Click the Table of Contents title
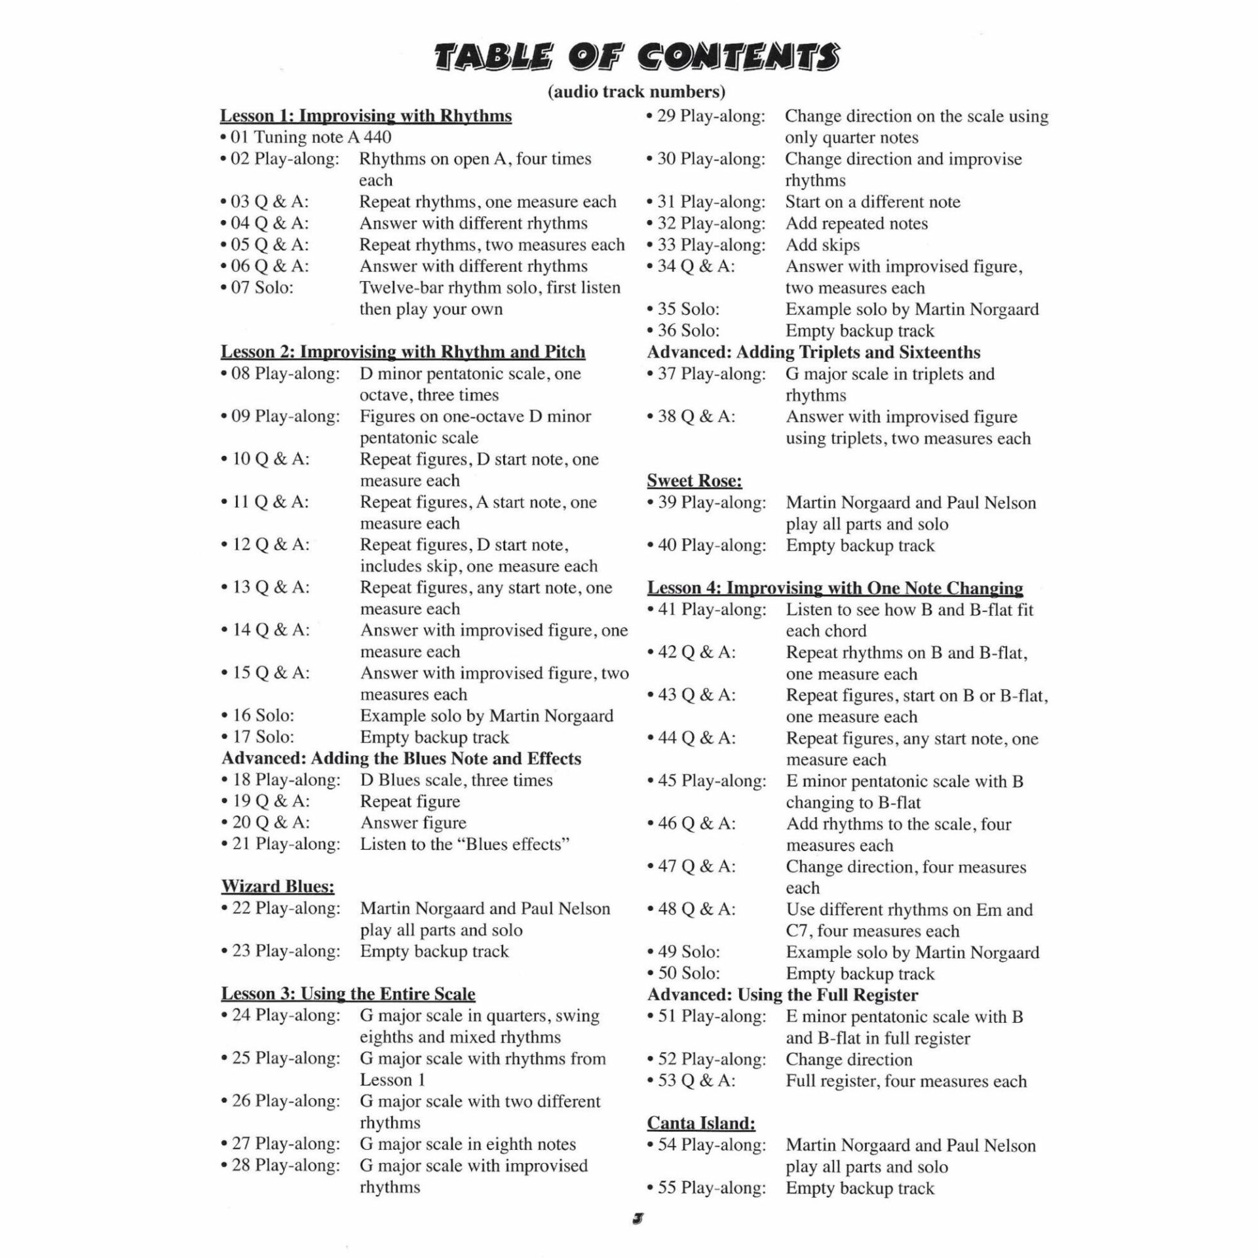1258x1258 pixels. [x=636, y=58]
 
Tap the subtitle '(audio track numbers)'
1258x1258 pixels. [x=636, y=92]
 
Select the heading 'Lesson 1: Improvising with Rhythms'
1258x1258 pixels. [x=366, y=116]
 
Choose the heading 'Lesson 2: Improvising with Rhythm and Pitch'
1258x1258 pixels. [x=403, y=352]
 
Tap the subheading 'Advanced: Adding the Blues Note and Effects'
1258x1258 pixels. [x=401, y=759]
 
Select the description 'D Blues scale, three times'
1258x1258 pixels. [x=456, y=780]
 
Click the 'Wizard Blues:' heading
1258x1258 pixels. [x=278, y=886]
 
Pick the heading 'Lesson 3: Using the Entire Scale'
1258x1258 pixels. [x=348, y=994]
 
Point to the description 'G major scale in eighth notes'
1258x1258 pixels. [x=468, y=1144]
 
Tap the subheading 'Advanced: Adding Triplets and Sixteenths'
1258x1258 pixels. [x=814, y=353]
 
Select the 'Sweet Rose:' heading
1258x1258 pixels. [x=695, y=481]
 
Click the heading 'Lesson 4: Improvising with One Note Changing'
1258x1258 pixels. [x=835, y=588]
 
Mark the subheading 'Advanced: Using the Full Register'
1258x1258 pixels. [x=783, y=995]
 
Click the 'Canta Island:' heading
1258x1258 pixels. [x=701, y=1123]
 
